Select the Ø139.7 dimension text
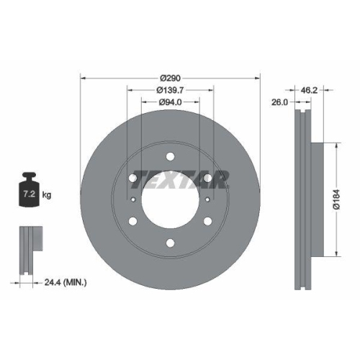170,90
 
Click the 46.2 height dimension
309,91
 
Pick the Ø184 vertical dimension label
335,199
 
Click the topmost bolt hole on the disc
170,156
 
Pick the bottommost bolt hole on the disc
170,243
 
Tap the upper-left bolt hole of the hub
133,178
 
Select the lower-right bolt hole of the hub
207,221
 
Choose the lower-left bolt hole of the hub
133,221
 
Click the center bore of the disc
170,200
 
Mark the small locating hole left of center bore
134,199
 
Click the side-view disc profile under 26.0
302,199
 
